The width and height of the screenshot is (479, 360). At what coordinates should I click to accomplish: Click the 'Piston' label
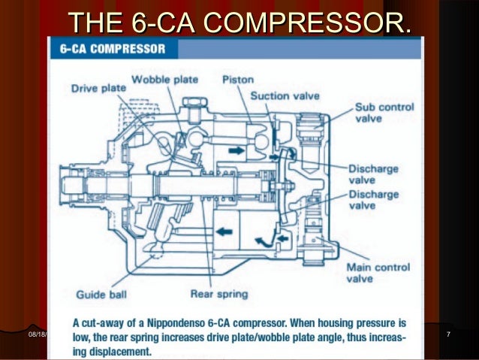pyautogui.click(x=239, y=80)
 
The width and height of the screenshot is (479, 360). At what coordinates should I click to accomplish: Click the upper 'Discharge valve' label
pyautogui.click(x=372, y=173)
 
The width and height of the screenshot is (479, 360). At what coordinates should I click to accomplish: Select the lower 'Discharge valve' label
pyautogui.click(x=372, y=200)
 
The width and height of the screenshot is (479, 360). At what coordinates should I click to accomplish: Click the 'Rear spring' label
pyautogui.click(x=219, y=294)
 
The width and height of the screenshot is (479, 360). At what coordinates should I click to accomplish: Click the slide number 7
pyautogui.click(x=448, y=334)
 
